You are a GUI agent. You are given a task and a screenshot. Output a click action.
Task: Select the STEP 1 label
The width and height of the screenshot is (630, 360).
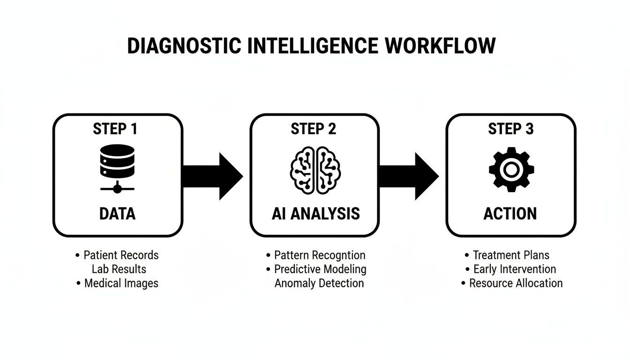(115, 129)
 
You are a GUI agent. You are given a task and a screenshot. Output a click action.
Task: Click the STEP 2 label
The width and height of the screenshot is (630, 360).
(314, 129)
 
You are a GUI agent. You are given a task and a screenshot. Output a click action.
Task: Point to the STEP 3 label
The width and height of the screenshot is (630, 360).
(511, 129)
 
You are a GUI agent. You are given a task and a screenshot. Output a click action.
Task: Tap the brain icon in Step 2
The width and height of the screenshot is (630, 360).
(315, 169)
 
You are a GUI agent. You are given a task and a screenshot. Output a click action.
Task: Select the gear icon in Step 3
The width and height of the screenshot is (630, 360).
(511, 169)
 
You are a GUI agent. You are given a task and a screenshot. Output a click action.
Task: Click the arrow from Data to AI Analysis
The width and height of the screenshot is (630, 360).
(213, 176)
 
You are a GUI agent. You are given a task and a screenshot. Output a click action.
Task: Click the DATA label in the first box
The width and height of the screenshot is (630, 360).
(117, 214)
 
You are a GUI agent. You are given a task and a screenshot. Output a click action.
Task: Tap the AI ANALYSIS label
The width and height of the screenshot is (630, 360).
(315, 214)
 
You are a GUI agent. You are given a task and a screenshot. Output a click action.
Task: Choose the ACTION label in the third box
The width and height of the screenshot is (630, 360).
(510, 214)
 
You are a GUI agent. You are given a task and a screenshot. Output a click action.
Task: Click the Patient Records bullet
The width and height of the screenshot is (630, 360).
(120, 255)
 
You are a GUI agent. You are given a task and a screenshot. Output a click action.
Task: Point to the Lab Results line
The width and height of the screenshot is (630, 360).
(119, 270)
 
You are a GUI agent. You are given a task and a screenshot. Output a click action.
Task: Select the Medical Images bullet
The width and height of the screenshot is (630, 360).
(121, 283)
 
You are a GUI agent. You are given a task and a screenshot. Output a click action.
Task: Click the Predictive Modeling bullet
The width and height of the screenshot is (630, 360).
(320, 270)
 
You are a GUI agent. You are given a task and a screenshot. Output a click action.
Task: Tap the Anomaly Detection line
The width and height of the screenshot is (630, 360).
(319, 283)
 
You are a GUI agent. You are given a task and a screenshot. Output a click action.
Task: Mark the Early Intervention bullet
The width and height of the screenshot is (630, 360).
(514, 270)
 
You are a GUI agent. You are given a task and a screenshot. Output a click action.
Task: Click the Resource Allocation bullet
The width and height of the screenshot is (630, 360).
(516, 283)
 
